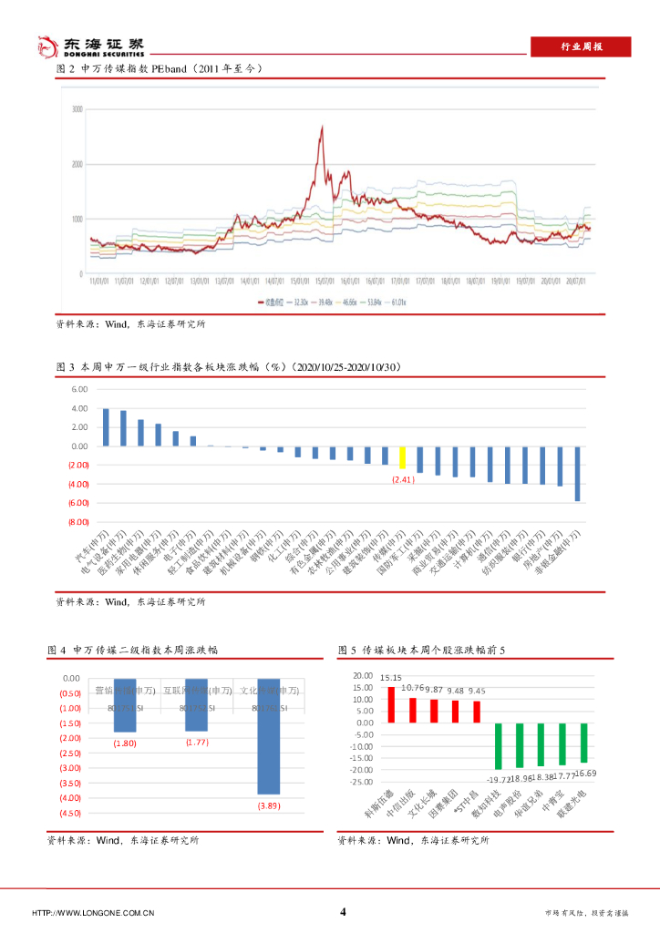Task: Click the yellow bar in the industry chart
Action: point(402,457)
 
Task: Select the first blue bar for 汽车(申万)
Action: point(106,427)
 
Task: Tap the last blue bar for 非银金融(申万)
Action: point(577,473)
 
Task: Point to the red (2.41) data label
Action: point(403,479)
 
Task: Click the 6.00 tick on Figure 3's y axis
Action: point(78,389)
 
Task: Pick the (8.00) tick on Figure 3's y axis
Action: point(77,522)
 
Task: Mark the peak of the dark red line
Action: point(322,128)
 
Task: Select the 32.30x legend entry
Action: point(294,302)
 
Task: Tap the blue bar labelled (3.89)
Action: point(268,736)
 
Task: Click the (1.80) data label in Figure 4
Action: point(125,744)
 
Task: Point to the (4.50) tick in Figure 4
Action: point(69,813)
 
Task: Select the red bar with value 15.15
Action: point(391,704)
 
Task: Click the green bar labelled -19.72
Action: point(498,745)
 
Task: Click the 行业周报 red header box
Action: point(581,46)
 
